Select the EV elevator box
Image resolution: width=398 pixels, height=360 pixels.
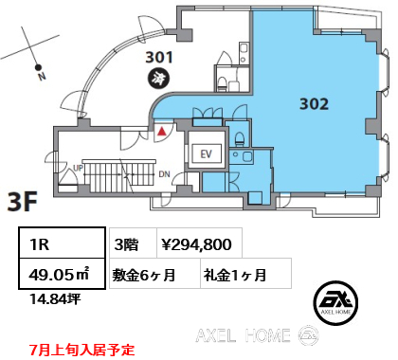(x=205, y=154)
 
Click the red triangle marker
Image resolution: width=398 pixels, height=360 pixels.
(x=162, y=132)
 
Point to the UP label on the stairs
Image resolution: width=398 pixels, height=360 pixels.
(x=79, y=169)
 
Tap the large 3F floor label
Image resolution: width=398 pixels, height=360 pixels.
(x=25, y=203)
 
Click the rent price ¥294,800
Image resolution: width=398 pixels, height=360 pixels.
(x=197, y=244)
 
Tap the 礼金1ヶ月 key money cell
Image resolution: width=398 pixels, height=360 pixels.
(x=234, y=275)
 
